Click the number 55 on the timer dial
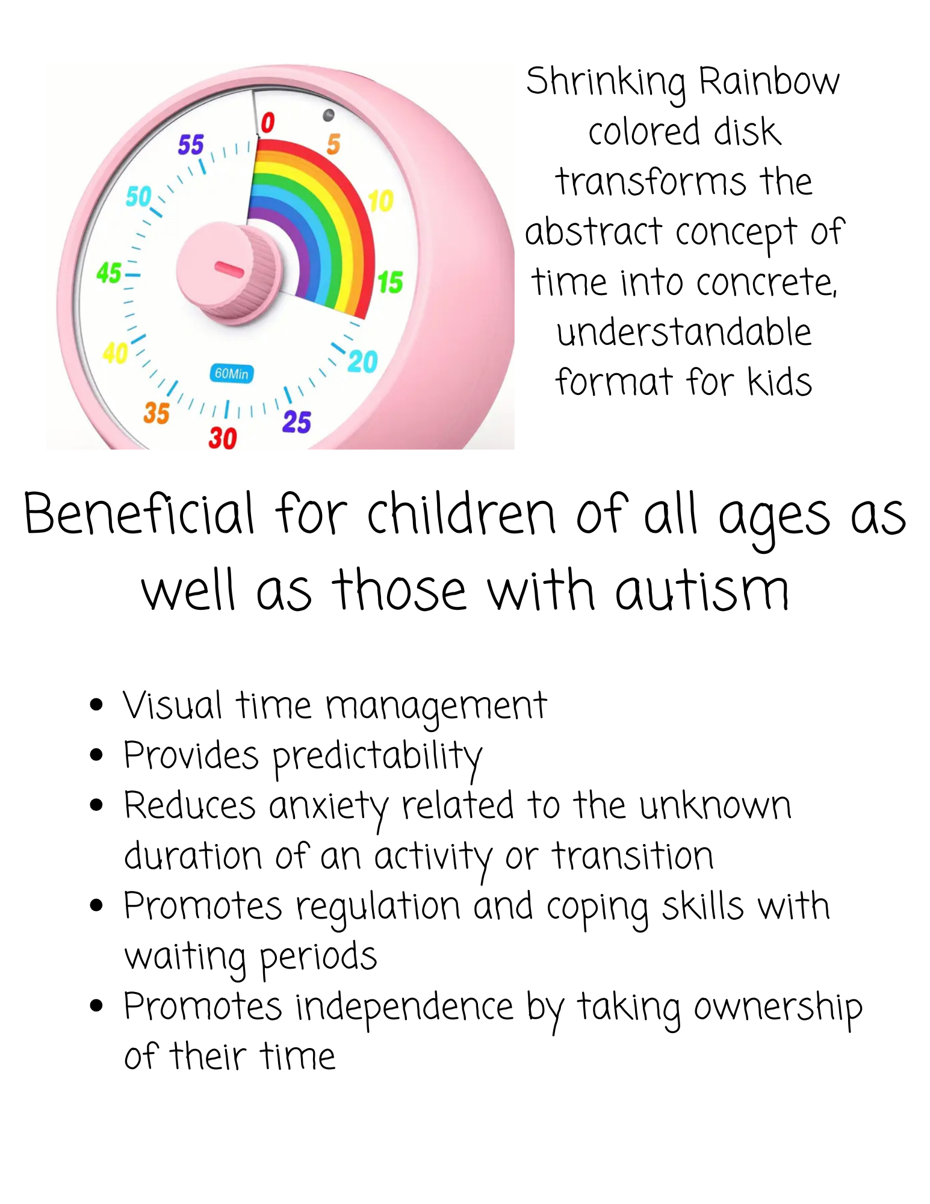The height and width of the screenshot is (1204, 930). pos(191,145)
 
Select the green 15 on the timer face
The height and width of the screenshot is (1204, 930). pos(390,282)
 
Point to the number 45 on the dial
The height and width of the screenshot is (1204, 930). pos(109,273)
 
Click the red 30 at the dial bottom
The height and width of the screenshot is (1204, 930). pos(223,438)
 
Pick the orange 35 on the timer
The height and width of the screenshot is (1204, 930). pos(157,413)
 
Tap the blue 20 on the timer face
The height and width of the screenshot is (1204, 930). pos(363,361)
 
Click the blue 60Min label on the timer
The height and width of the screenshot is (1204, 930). pos(232,373)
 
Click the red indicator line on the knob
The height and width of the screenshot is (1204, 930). pos(229,270)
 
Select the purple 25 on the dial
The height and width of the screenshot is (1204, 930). pos(297,421)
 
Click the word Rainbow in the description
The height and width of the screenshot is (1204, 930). pos(769,81)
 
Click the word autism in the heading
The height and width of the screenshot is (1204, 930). pos(701,591)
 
